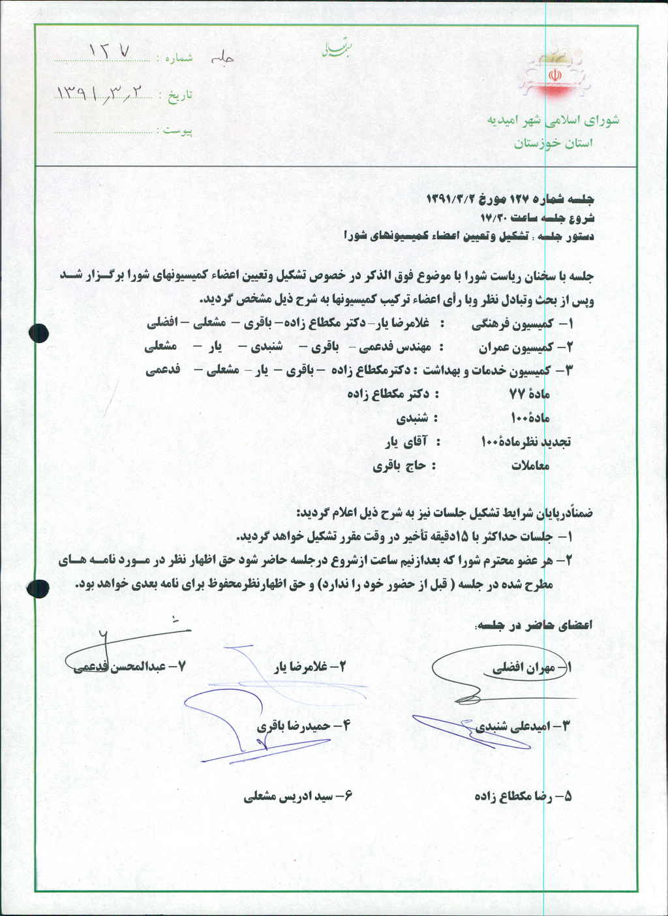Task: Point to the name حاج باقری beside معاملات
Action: tap(399, 466)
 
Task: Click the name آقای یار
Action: tap(404, 442)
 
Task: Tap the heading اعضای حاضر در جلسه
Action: tap(536, 625)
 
